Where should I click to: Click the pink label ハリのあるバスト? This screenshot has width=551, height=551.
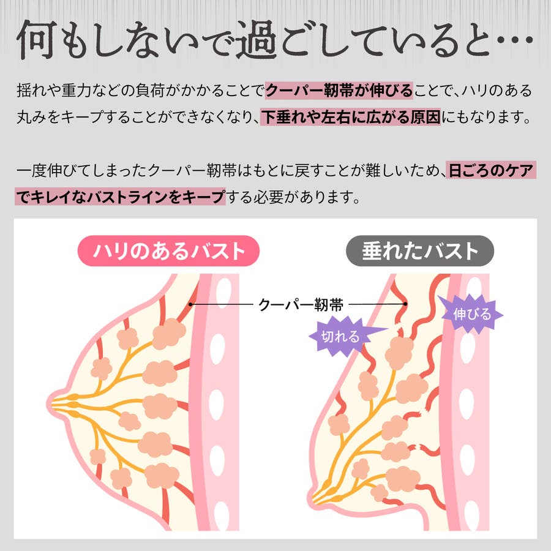coord(168,251)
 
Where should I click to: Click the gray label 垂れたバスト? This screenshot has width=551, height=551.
coord(420,251)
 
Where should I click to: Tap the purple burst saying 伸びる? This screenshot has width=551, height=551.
coord(471,314)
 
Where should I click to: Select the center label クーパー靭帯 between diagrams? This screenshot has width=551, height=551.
coord(301,305)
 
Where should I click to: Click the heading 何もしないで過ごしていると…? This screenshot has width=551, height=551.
coord(275,39)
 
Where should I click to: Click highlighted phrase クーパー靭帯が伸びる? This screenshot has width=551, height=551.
coord(339,91)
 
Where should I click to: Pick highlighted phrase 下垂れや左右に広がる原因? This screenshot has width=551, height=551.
coord(350,117)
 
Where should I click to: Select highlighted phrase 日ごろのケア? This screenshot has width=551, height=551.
coord(491,170)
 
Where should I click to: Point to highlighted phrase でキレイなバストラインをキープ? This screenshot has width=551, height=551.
coord(120,197)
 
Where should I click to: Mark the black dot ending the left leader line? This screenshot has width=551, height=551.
coord(190,304)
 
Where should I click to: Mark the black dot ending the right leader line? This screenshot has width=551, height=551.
coord(405,304)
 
